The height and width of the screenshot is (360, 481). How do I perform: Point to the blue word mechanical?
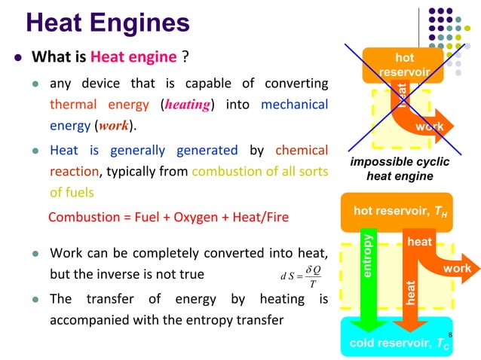pos(294,104)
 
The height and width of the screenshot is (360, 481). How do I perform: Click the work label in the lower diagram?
pos(457,268)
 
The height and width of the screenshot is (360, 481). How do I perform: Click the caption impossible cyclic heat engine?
pos(400,169)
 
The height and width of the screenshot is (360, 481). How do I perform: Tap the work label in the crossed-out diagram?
pos(429,127)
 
